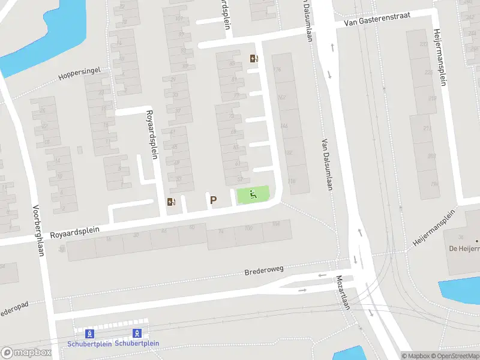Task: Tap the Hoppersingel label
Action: pos(79,74)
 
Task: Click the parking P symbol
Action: pos(212,200)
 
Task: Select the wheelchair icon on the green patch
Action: pos(253,194)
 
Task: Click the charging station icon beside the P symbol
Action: pos(171,202)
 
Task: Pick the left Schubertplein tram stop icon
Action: pos(90,333)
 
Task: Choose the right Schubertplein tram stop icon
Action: pos(137,333)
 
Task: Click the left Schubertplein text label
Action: pos(89,343)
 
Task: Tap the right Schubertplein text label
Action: pos(137,343)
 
